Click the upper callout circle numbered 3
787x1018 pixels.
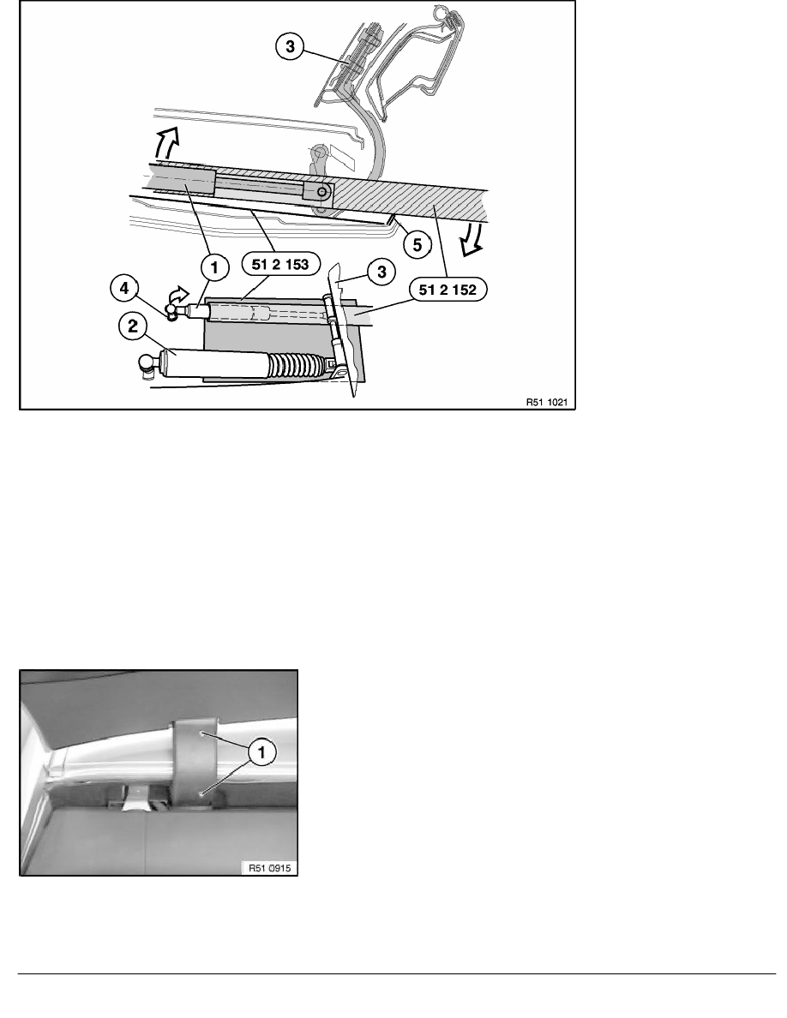click(x=290, y=47)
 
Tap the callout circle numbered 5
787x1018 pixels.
click(x=417, y=245)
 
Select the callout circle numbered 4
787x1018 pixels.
click(x=124, y=288)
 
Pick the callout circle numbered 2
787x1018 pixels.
click(x=133, y=326)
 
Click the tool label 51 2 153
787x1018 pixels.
click(x=279, y=264)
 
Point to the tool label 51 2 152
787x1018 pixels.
click(x=448, y=290)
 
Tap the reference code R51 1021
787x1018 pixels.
click(x=546, y=402)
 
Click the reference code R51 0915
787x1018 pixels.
click(x=269, y=868)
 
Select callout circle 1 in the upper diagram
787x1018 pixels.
click(x=214, y=266)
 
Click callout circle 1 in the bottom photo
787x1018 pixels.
click(x=262, y=753)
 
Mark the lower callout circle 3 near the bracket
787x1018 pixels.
click(x=381, y=272)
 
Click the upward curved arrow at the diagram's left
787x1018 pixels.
click(x=165, y=143)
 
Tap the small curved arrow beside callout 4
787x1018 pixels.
click(x=177, y=296)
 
